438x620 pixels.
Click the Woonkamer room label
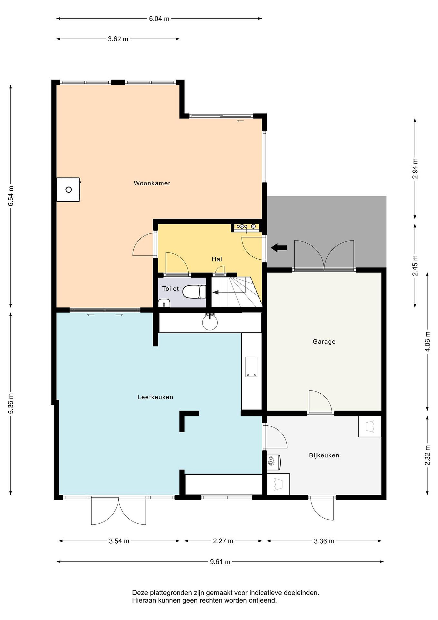pyautogui.click(x=152, y=183)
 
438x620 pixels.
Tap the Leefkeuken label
pyautogui.click(x=155, y=397)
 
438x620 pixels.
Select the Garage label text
pyautogui.click(x=324, y=342)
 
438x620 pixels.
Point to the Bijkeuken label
pyautogui.click(x=324, y=455)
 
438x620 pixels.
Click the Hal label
pyautogui.click(x=217, y=259)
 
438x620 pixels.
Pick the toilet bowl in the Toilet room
pyautogui.click(x=194, y=292)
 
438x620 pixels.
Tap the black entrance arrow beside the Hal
pyautogui.click(x=279, y=247)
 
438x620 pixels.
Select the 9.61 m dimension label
pyautogui.click(x=220, y=562)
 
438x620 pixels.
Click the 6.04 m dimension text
pyautogui.click(x=159, y=19)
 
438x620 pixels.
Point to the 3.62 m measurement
pyautogui.click(x=118, y=39)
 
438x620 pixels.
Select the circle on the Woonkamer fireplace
pyautogui.click(x=69, y=190)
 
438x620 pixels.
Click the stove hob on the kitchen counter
pyautogui.click(x=251, y=366)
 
